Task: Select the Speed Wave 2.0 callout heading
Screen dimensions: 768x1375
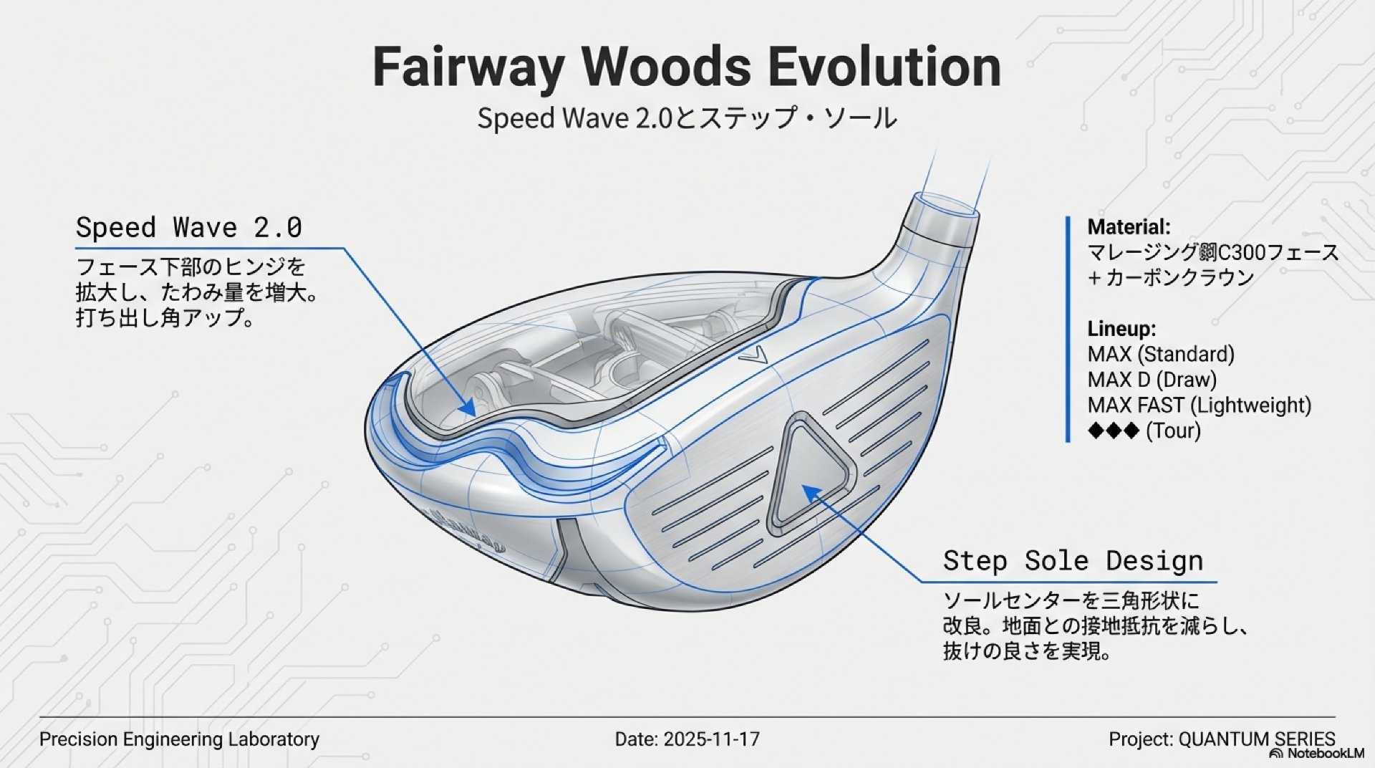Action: click(x=189, y=228)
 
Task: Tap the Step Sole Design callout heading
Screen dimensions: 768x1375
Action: click(x=1073, y=560)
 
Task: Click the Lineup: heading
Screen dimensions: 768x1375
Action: click(x=1121, y=329)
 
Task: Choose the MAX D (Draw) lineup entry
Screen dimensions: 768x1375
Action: click(x=1152, y=380)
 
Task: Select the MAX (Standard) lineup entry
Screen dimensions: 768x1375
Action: click(x=1161, y=354)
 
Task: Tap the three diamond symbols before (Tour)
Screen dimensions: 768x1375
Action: click(x=1113, y=431)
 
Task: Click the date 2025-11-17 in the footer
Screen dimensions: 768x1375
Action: click(x=711, y=739)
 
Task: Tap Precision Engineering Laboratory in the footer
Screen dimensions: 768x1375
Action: click(x=180, y=739)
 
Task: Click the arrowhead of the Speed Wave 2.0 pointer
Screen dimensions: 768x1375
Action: click(x=469, y=409)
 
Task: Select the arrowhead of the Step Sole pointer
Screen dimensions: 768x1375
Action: click(x=807, y=490)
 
